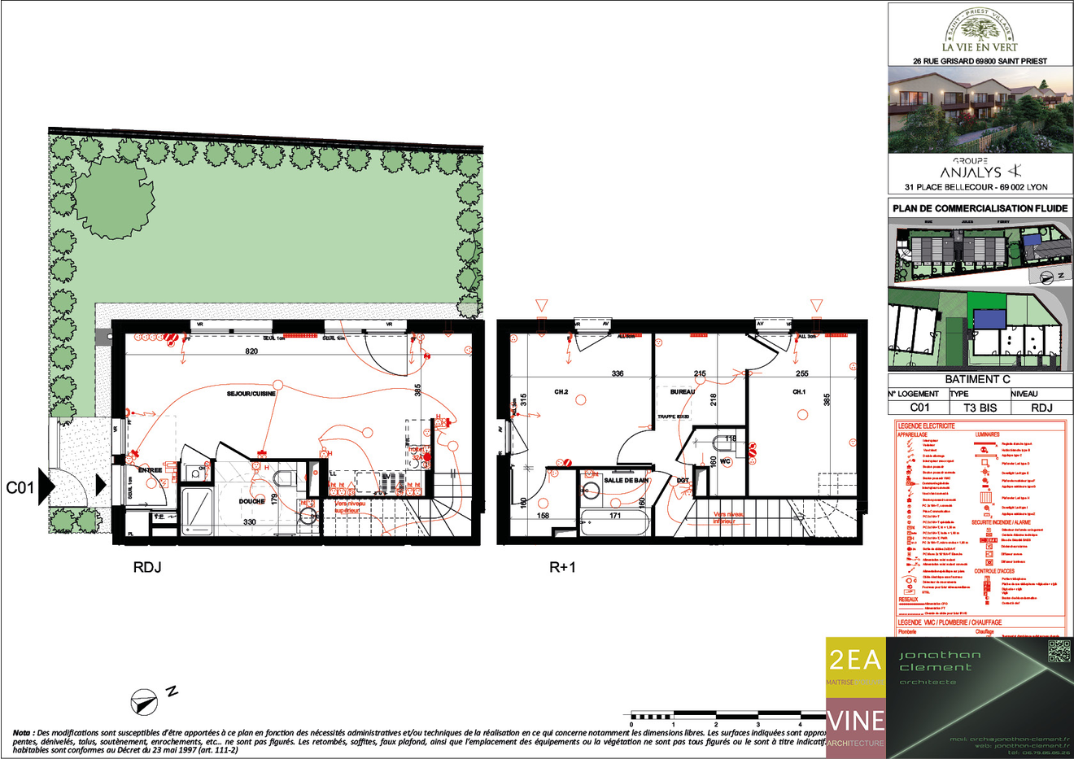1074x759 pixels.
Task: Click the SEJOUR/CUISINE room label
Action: (x=251, y=394)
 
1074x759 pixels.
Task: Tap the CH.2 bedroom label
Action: (x=561, y=392)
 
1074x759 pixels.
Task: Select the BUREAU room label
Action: (x=683, y=392)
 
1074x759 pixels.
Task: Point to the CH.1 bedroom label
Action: (x=799, y=392)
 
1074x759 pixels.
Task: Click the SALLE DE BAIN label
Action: (x=626, y=481)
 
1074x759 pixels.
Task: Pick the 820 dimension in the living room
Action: (x=251, y=351)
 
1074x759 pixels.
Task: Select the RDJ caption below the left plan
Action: (x=147, y=567)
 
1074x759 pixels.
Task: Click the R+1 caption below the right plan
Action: (x=562, y=567)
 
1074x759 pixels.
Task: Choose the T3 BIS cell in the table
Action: (x=980, y=408)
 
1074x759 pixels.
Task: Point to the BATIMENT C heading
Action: (x=977, y=379)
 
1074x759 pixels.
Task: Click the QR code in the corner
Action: (x=1059, y=652)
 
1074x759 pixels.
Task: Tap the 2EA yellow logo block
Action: (x=855, y=663)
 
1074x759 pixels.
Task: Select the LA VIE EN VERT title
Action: (x=980, y=47)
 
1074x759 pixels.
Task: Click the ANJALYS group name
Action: (x=971, y=172)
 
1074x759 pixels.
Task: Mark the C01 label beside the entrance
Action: (x=20, y=487)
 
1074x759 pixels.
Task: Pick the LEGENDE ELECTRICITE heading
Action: (x=926, y=425)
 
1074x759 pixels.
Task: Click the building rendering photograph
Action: (x=980, y=110)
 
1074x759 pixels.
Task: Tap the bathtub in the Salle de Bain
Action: (x=614, y=521)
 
